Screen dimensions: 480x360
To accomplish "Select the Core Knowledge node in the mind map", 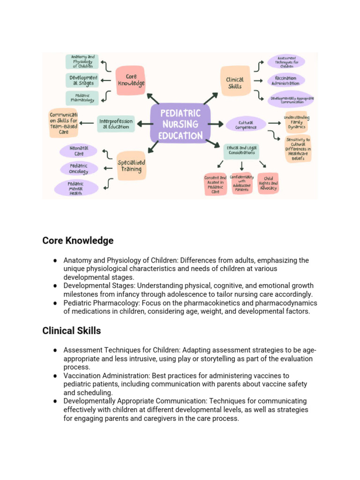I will click(130, 80).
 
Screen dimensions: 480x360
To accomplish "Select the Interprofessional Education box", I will click(116, 123).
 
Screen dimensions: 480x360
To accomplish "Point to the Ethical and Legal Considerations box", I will click(241, 150).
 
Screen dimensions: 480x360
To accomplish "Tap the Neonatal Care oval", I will click(78, 150).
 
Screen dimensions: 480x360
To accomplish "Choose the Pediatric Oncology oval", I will click(79, 169).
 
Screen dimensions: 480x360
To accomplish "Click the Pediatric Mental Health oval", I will click(76, 187).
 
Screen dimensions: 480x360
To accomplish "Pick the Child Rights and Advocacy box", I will click(268, 183).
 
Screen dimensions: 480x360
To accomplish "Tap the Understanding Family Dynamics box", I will click(296, 122).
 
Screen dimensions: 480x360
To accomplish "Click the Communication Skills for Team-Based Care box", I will click(63, 123).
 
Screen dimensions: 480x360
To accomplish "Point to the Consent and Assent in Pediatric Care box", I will click(215, 184).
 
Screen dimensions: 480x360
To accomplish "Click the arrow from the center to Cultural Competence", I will click(216, 124).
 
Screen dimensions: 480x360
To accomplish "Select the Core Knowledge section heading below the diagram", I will click(78, 240).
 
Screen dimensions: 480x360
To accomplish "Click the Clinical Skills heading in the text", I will click(71, 330).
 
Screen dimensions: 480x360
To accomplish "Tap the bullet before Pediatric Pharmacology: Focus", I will click(55, 303).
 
